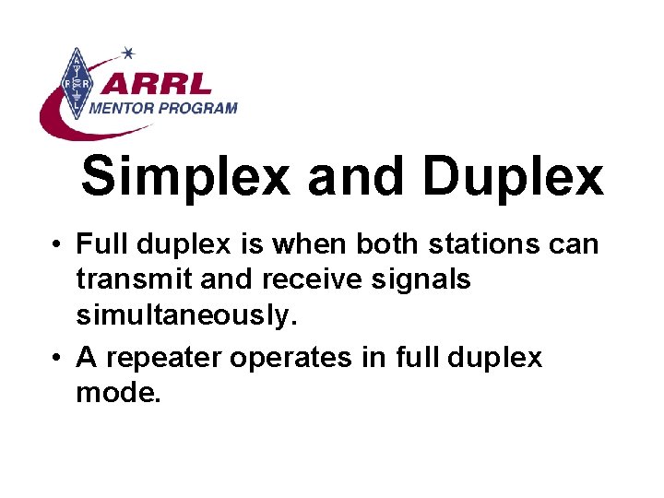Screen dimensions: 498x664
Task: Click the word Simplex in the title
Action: pos(184,176)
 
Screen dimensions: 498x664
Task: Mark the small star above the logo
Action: pos(128,53)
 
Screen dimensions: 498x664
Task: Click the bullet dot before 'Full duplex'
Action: pos(57,246)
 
